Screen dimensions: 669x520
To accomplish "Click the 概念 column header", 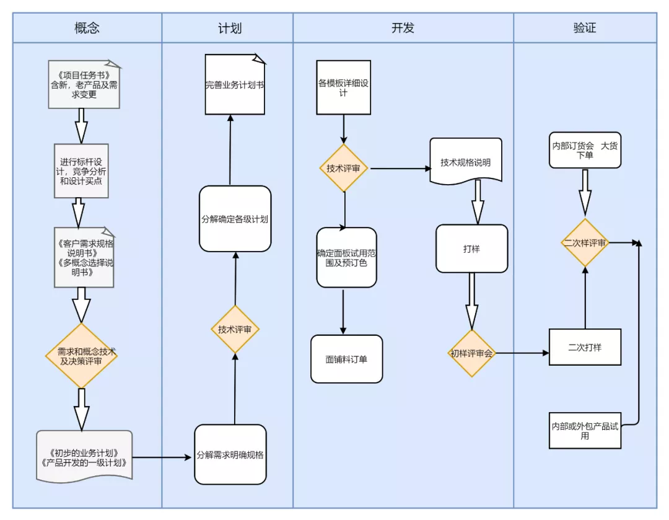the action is click(x=87, y=28).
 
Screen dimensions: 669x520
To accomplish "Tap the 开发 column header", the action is click(x=403, y=28).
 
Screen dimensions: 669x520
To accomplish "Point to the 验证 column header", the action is click(x=585, y=28).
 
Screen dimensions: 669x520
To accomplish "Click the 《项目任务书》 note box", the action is click(x=84, y=84).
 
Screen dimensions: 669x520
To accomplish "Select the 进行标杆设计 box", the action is click(x=81, y=171).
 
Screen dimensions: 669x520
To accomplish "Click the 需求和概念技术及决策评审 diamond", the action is click(x=81, y=356).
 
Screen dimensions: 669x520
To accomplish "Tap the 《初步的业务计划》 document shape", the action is click(x=84, y=457).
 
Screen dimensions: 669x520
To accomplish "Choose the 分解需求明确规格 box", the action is click(x=230, y=455).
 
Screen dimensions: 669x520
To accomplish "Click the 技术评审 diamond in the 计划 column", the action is click(x=235, y=329).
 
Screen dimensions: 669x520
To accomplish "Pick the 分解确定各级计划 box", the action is click(x=235, y=219).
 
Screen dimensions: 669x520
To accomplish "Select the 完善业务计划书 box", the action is click(x=235, y=84).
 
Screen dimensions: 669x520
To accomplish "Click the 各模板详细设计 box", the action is click(x=343, y=87).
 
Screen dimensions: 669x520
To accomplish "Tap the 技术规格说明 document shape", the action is click(x=466, y=161).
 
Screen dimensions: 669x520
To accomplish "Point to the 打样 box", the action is click(x=472, y=249).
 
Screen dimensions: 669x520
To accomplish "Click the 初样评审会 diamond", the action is click(x=472, y=353).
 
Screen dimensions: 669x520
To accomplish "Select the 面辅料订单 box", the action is click(x=346, y=359).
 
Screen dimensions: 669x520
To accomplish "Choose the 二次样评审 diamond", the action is click(x=585, y=242).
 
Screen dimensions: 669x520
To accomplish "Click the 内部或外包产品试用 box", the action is click(x=585, y=430).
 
